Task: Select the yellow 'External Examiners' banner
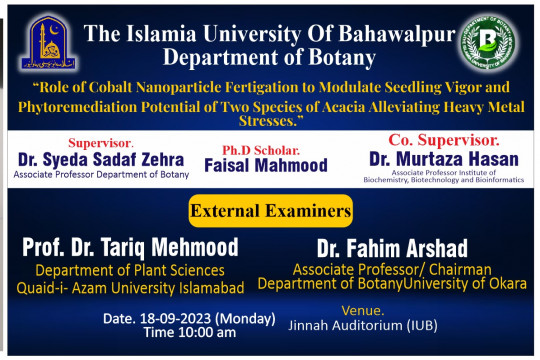click(270, 211)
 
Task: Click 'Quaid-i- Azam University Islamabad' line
click(131, 288)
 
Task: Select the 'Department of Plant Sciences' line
click(131, 270)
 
